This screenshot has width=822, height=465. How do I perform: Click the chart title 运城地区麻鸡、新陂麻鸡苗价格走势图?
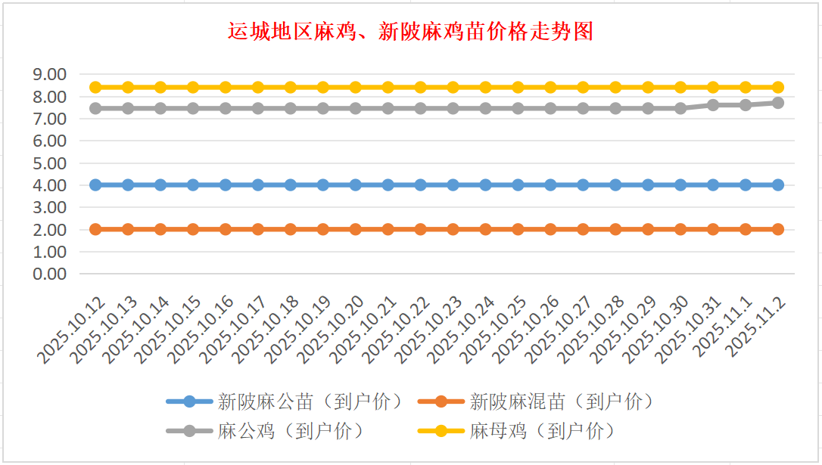click(410, 32)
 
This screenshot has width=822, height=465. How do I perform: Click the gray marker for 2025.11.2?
click(778, 102)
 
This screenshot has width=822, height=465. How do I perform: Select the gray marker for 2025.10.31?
click(713, 105)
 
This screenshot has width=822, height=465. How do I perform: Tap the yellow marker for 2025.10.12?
click(95, 87)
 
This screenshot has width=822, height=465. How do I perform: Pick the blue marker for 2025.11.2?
click(778, 184)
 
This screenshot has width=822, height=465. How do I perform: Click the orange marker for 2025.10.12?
click(95, 229)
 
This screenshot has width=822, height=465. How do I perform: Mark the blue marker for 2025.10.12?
click(95, 184)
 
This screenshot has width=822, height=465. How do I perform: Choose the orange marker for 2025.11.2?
click(778, 229)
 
